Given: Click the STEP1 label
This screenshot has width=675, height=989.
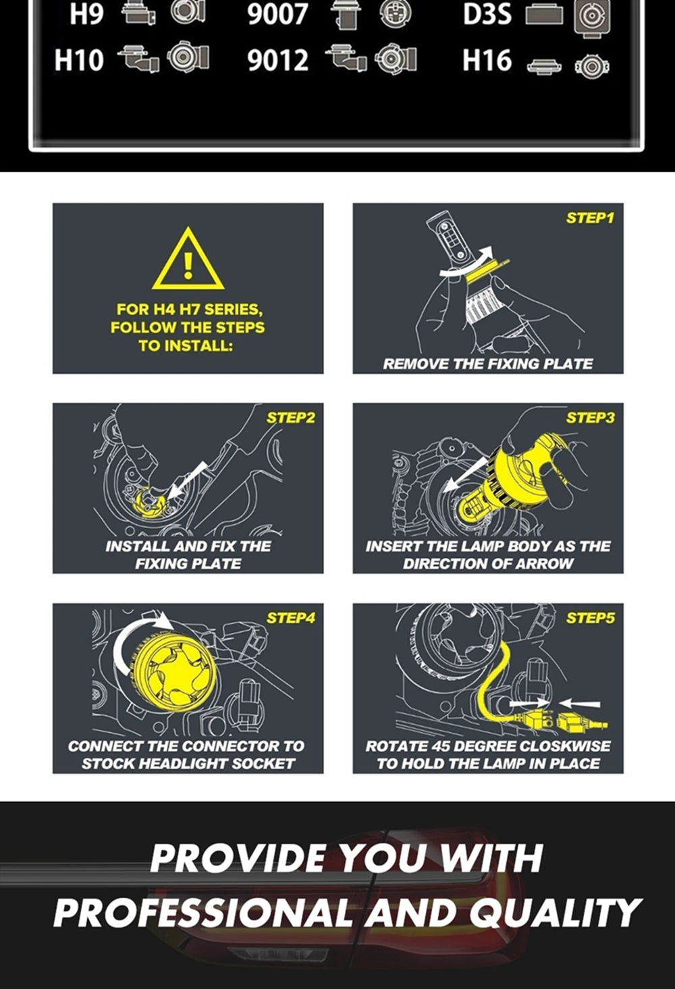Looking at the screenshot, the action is pos(590,218).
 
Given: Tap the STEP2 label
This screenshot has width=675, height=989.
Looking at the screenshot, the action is pos(291,418).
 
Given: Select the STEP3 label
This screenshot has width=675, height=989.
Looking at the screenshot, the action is pos(590,418).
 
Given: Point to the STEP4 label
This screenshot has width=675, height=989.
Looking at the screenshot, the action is pos(291,618).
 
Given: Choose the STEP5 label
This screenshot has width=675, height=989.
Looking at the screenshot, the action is pos(590,618).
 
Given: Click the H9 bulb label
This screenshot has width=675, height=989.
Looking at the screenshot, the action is pos(86,13).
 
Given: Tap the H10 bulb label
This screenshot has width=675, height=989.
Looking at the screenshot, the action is pos(79,60).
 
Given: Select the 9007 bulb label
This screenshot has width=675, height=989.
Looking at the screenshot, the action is pos(277,13).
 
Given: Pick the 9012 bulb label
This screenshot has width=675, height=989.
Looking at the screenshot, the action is pos(277,61).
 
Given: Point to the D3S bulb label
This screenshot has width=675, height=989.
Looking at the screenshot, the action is pos(487,13).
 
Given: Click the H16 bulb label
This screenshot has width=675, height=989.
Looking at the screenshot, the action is pos(487,60).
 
